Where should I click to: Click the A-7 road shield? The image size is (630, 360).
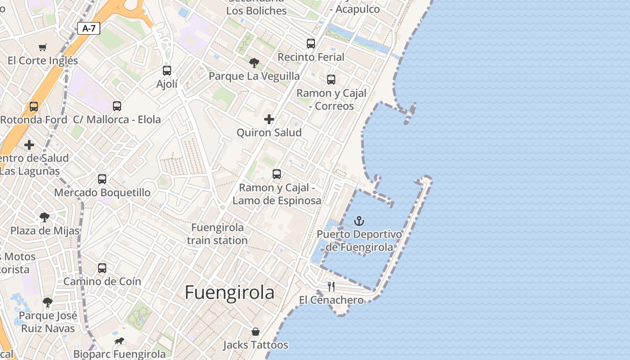[x=89, y=28]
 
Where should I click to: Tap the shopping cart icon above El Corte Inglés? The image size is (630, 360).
[x=43, y=47]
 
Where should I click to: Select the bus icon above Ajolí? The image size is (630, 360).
[x=167, y=71]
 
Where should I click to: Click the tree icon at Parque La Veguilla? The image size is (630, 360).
[x=254, y=63]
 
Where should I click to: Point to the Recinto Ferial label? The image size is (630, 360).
[x=311, y=57]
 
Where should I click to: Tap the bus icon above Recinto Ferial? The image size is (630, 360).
[x=311, y=44]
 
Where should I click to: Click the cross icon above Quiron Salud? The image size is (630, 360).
[x=269, y=119]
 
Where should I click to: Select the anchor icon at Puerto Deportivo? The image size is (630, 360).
[x=359, y=221]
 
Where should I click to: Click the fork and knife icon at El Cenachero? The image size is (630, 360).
[x=331, y=287]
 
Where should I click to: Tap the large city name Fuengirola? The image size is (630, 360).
[x=229, y=292]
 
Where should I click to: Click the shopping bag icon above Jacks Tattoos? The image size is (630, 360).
[x=256, y=332]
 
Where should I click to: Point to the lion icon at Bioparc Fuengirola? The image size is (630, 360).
[x=119, y=341]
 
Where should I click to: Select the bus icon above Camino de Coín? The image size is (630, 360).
[x=102, y=268]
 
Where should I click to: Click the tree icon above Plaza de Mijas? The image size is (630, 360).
[x=45, y=217]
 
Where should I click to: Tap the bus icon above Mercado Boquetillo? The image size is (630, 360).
[x=102, y=179]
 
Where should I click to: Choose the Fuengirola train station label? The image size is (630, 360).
[x=217, y=234]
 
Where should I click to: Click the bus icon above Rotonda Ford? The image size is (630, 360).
[x=34, y=107]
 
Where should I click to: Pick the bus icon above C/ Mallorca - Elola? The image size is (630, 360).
[x=117, y=106]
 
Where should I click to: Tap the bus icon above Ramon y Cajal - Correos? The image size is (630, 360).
[x=331, y=80]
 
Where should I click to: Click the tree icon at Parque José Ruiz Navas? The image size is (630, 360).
[x=48, y=302]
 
